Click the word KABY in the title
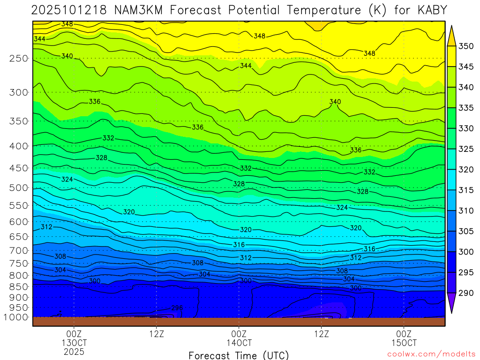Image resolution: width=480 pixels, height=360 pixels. (431, 9)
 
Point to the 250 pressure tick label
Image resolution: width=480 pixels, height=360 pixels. (19, 59)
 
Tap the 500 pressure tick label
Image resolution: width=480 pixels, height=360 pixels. (19, 188)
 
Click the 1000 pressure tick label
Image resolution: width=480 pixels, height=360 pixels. (16, 317)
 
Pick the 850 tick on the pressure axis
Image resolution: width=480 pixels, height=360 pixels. (19, 286)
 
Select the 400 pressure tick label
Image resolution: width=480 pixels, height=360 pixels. (19, 146)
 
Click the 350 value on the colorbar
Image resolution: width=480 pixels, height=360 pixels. (466, 46)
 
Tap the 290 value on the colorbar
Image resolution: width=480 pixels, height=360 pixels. (466, 293)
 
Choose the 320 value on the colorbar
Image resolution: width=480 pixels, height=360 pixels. (466, 170)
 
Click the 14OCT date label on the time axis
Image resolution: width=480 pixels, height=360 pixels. (239, 343)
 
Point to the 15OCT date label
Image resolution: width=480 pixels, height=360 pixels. (404, 343)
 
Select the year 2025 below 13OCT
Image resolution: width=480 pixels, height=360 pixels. (74, 351)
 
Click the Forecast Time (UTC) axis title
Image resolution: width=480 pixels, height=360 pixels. (239, 355)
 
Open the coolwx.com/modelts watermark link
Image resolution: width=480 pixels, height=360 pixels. (427, 355)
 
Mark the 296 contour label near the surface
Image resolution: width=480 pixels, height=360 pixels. (176, 308)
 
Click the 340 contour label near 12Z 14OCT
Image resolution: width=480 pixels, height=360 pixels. (335, 102)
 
